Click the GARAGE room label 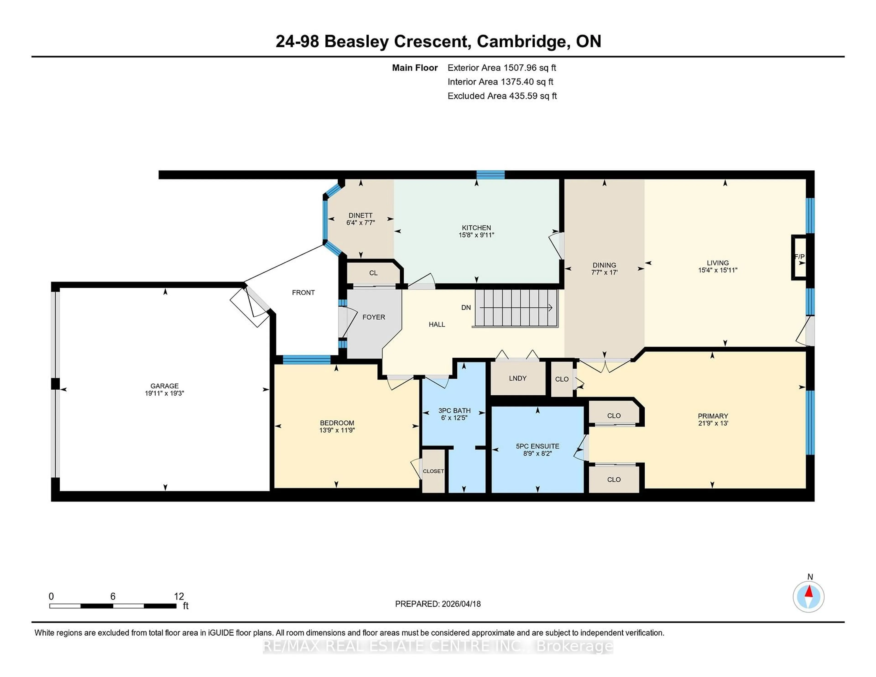(x=164, y=386)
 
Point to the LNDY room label (x=517, y=378)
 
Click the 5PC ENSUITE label (x=537, y=446)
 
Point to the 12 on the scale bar (x=179, y=596)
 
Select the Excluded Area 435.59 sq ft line (x=502, y=96)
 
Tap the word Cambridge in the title (x=521, y=41)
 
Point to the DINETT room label (x=360, y=215)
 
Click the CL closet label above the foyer (x=373, y=273)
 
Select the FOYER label (x=373, y=317)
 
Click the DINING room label (x=604, y=265)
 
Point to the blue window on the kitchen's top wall (x=490, y=174)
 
